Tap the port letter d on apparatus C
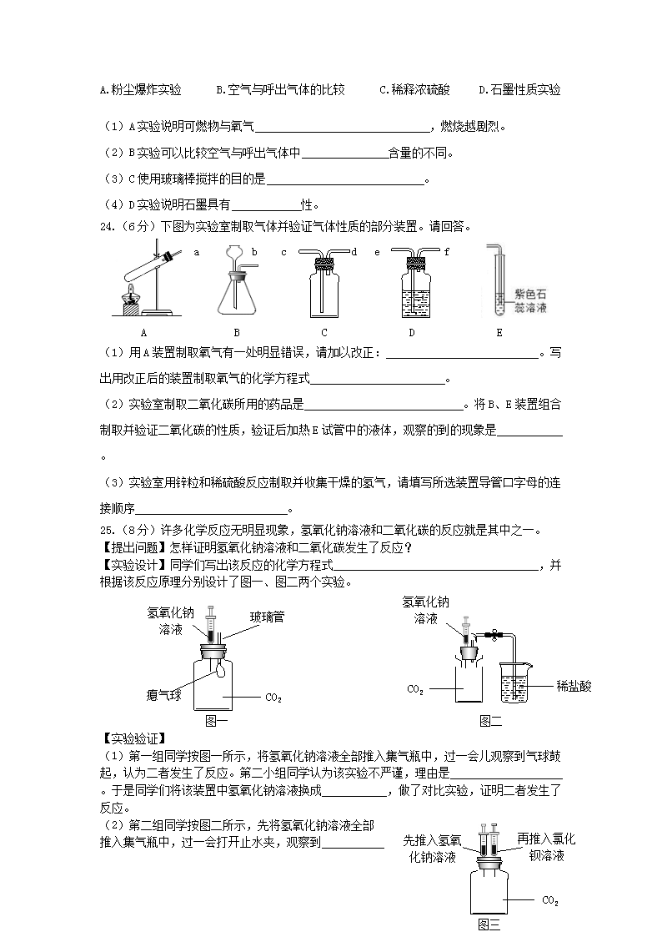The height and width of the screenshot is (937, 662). point(354,251)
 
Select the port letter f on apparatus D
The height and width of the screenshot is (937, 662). point(447,251)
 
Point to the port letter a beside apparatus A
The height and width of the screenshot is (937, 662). point(197,251)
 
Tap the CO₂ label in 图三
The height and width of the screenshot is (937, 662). point(550,901)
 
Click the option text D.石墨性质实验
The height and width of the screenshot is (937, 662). point(519,90)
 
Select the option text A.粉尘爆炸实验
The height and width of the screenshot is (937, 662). point(140,90)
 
